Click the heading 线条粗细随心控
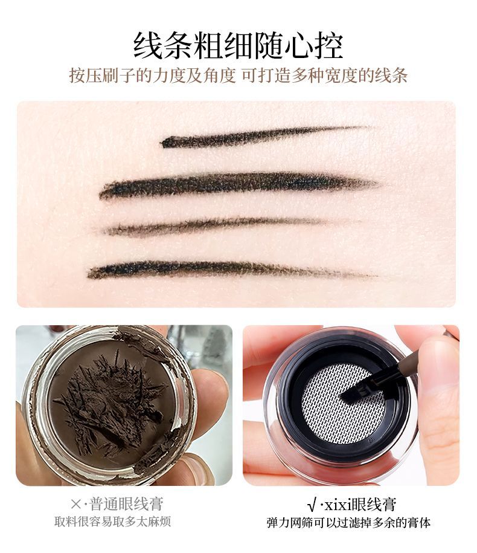point(238,46)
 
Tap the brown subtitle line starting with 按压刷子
point(238,75)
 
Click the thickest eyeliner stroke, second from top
point(239,184)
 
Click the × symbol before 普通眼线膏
point(76,504)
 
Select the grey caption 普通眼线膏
point(126,504)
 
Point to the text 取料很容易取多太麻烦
point(113,522)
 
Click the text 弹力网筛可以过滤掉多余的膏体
point(348,523)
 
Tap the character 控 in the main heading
point(328,46)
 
